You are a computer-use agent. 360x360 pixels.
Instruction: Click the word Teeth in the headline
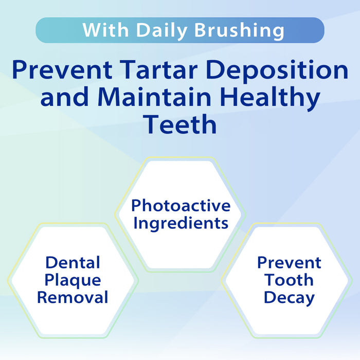click(x=180, y=125)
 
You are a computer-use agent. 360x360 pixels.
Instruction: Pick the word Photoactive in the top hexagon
click(x=181, y=206)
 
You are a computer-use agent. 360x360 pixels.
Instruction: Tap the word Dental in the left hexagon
click(x=72, y=262)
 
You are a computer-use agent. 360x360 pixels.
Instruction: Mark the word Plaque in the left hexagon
click(x=73, y=280)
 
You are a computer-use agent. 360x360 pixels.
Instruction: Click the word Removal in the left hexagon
click(x=73, y=297)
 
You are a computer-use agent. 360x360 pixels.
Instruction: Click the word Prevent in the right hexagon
click(x=289, y=262)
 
